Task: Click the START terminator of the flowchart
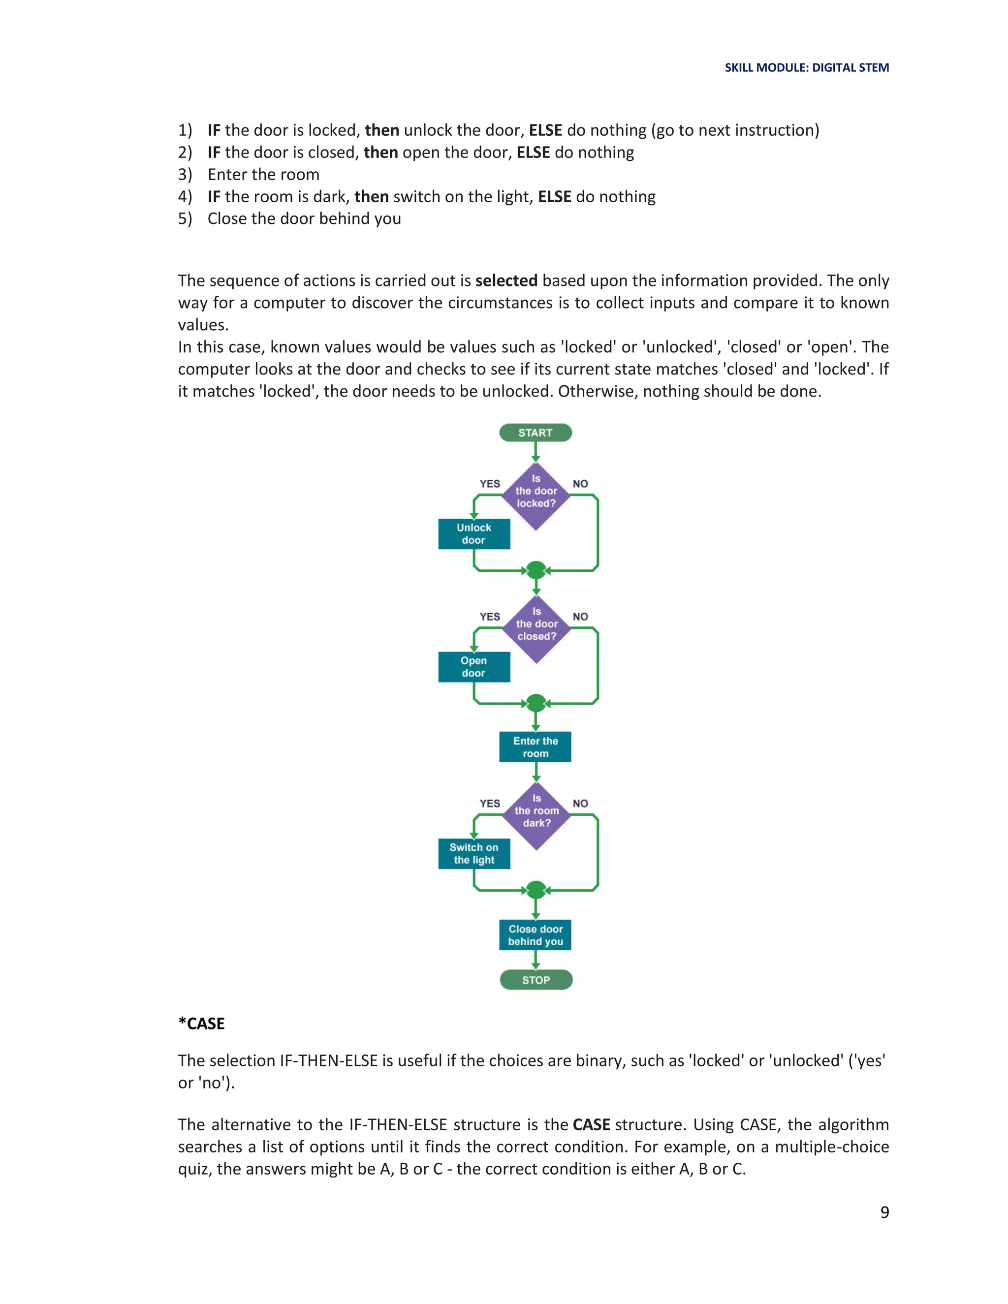coord(535,432)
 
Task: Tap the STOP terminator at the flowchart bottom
coord(535,980)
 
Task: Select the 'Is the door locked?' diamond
coord(535,496)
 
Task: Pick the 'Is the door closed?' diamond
coord(536,629)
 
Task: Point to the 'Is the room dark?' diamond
coord(536,815)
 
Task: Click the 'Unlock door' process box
coord(473,534)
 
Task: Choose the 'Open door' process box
coord(473,666)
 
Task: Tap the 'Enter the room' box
coord(535,746)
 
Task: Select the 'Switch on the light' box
coord(473,853)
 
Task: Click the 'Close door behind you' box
coord(535,934)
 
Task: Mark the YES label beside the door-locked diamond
coord(490,484)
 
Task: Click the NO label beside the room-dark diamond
coord(580,803)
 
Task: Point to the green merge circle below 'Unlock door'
coord(535,570)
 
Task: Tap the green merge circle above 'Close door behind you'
coord(535,890)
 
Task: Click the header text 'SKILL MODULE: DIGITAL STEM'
coord(806,67)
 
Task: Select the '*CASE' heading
coord(201,1024)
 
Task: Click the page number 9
coord(884,1211)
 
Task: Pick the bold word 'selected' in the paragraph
coord(506,280)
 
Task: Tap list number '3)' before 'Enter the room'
coord(185,174)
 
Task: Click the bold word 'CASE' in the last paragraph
coord(591,1124)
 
